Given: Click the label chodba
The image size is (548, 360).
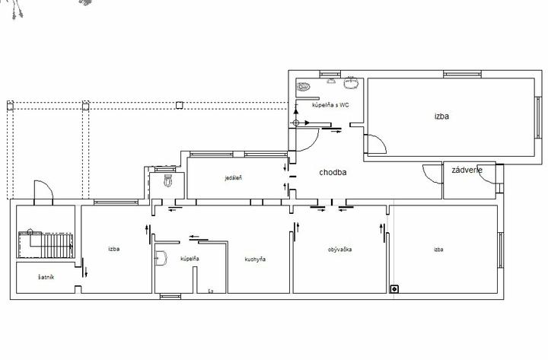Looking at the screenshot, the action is coord(333,172).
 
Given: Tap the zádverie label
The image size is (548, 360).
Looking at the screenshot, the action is coord(467,170).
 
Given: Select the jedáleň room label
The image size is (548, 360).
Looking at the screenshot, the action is coord(233,178).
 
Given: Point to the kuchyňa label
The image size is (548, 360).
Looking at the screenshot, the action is coord(255,259).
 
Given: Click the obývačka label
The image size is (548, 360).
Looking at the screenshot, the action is coord(339,250).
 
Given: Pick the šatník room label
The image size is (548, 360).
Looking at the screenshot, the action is coord(46,277).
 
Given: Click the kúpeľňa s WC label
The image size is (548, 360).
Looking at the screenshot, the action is coord(330,105).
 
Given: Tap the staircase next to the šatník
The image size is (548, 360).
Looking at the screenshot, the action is coord(46,244).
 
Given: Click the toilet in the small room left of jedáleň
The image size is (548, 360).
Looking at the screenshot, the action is coord(168,180).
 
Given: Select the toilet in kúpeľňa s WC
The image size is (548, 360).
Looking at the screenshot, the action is coord(304,86).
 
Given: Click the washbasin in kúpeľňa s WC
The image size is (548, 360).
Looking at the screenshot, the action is coord(352,83).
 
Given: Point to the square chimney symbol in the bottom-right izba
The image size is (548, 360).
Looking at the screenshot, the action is coord(394,289).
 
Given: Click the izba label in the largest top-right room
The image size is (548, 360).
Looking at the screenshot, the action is coord(441,116).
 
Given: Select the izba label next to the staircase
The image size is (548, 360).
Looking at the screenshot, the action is coord(114,249).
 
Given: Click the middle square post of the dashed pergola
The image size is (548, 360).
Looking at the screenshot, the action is coord(85,106).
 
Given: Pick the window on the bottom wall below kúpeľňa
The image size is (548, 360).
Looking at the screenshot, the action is coord(170,296).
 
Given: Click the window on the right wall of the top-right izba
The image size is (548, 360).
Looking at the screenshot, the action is coord(539,117).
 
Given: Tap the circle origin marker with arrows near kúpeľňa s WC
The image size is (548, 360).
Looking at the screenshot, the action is coord(296,123).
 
